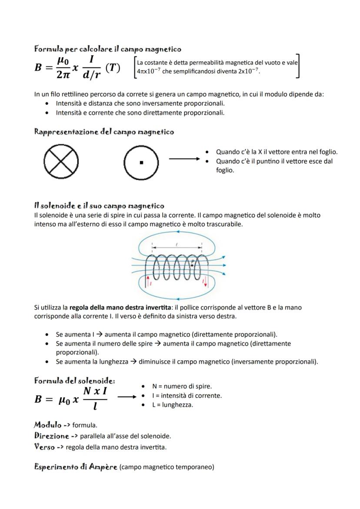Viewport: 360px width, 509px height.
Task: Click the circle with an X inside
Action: click(x=61, y=162)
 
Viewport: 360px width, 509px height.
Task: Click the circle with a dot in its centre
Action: click(x=141, y=163)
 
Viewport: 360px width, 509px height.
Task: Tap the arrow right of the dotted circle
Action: click(x=186, y=159)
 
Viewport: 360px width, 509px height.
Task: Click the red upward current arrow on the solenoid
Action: click(x=148, y=280)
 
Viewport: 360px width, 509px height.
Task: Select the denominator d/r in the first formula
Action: click(x=92, y=75)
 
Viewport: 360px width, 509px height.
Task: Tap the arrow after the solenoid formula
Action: click(x=127, y=396)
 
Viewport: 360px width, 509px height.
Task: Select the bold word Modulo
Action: click(x=47, y=424)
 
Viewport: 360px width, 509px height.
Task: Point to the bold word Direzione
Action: click(x=51, y=435)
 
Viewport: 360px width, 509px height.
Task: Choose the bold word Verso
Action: click(x=44, y=446)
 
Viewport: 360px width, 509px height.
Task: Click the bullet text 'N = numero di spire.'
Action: click(x=182, y=386)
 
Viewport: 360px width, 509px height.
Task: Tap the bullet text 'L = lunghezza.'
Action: click(x=172, y=405)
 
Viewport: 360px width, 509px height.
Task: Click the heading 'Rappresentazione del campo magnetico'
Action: click(x=104, y=132)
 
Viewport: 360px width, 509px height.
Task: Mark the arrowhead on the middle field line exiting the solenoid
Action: click(x=224, y=265)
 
